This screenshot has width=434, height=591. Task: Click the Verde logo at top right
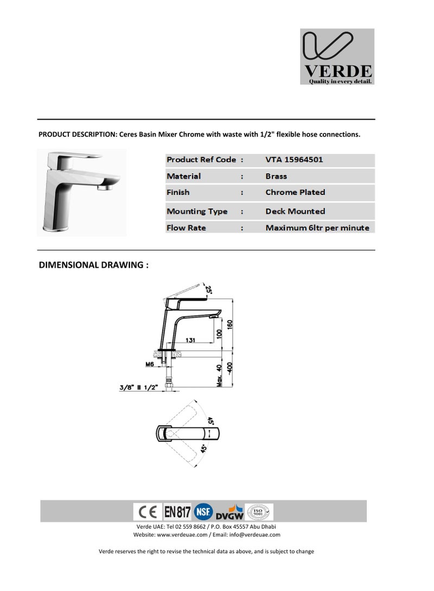pyautogui.click(x=337, y=56)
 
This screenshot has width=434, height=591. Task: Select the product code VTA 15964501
pyautogui.click(x=294, y=160)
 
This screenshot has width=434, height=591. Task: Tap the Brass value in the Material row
pyautogui.click(x=276, y=176)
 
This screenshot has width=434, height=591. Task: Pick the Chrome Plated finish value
pyautogui.click(x=295, y=192)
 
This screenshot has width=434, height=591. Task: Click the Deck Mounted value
pyautogui.click(x=295, y=211)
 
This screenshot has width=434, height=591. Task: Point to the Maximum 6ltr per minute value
pyautogui.click(x=317, y=228)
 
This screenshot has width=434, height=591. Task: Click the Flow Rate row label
pyautogui.click(x=186, y=228)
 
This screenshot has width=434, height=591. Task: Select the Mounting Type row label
pyautogui.click(x=197, y=211)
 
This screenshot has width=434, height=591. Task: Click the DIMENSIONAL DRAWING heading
pyautogui.click(x=94, y=265)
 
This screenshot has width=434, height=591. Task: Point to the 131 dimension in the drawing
pyautogui.click(x=191, y=340)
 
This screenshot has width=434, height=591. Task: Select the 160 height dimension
pyautogui.click(x=229, y=324)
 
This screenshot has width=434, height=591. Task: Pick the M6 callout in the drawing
pyautogui.click(x=150, y=365)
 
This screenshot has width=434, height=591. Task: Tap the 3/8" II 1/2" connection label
pyautogui.click(x=138, y=387)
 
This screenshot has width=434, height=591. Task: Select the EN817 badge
pyautogui.click(x=177, y=512)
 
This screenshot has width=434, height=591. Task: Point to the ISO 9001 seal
pyautogui.click(x=259, y=512)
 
